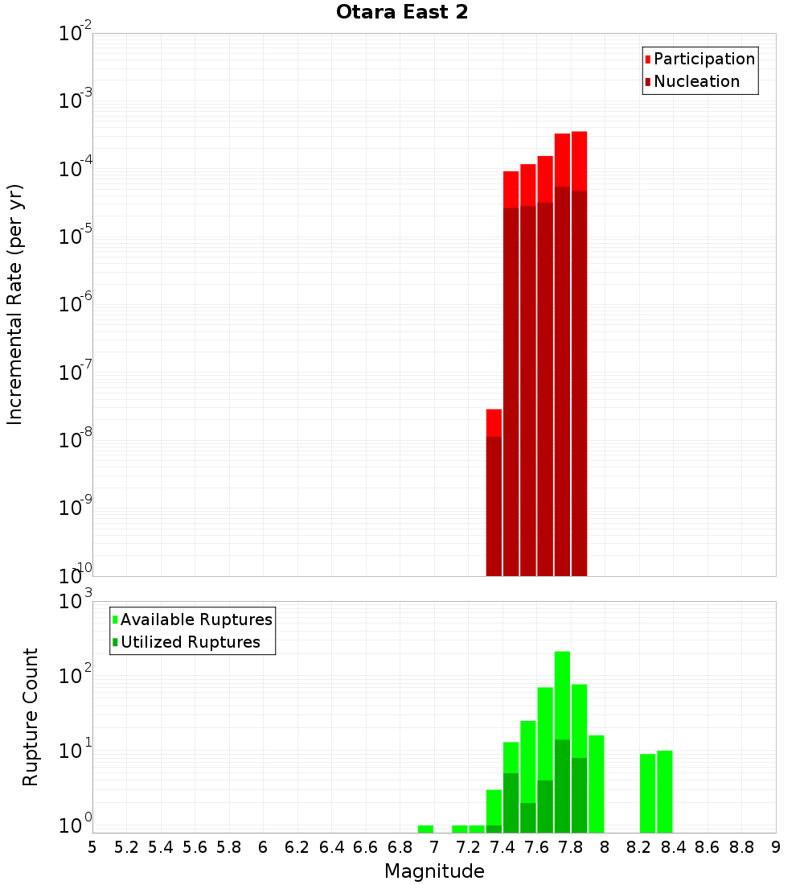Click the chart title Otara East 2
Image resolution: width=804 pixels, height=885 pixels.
(401, 12)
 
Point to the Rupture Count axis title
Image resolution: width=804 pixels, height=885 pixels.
(31, 717)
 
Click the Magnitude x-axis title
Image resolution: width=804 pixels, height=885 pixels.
(434, 871)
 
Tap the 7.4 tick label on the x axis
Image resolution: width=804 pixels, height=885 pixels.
(503, 847)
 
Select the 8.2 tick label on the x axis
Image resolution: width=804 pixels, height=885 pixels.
(639, 847)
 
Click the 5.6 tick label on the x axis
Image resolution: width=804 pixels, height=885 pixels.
(195, 847)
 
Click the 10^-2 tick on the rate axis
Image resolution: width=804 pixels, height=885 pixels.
(76, 35)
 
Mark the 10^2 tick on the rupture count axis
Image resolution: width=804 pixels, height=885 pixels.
(76, 677)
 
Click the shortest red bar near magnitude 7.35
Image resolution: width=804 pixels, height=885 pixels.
(494, 491)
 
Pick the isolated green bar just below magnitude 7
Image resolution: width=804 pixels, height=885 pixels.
(425, 829)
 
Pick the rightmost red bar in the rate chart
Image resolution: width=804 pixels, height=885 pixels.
(579, 354)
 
